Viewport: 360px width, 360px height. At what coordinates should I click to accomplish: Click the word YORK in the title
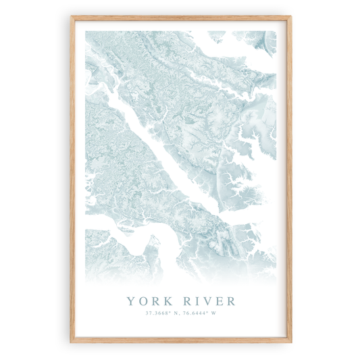(149, 299)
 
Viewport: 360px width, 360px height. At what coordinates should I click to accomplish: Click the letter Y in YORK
(130, 299)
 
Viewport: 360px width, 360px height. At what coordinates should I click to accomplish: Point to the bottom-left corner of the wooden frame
(71, 342)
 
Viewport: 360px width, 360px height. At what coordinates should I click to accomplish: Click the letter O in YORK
(142, 299)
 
